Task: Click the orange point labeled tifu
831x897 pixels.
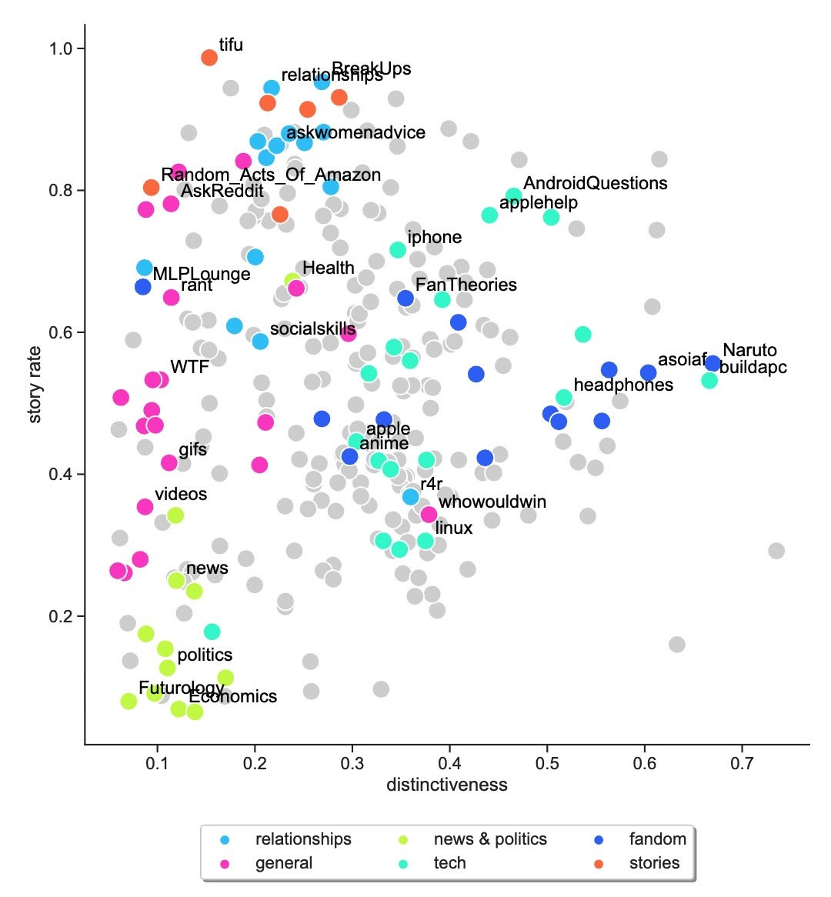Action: click(209, 58)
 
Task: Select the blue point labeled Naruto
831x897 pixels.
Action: click(713, 363)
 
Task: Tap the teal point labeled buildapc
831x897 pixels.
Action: click(709, 380)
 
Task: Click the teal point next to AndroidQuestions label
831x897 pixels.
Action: click(513, 196)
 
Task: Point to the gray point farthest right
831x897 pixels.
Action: click(776, 551)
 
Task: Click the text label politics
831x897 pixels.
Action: click(205, 655)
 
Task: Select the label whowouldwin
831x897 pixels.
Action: click(492, 502)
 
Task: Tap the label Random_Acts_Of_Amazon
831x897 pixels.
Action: click(271, 175)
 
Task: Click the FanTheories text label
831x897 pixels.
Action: click(466, 285)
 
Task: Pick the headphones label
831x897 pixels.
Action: click(623, 385)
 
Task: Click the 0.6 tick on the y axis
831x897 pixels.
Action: click(67, 332)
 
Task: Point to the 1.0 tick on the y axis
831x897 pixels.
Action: click(67, 48)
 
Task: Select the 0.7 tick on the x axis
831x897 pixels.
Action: click(742, 762)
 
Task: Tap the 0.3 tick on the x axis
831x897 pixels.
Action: click(352, 762)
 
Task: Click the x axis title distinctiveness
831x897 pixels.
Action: click(447, 785)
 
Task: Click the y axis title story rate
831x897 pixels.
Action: click(35, 385)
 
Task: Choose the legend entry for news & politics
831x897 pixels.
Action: click(490, 839)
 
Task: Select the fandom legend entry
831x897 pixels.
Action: click(657, 839)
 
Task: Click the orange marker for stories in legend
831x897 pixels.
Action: click(599, 863)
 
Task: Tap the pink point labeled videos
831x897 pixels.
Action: click(145, 507)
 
